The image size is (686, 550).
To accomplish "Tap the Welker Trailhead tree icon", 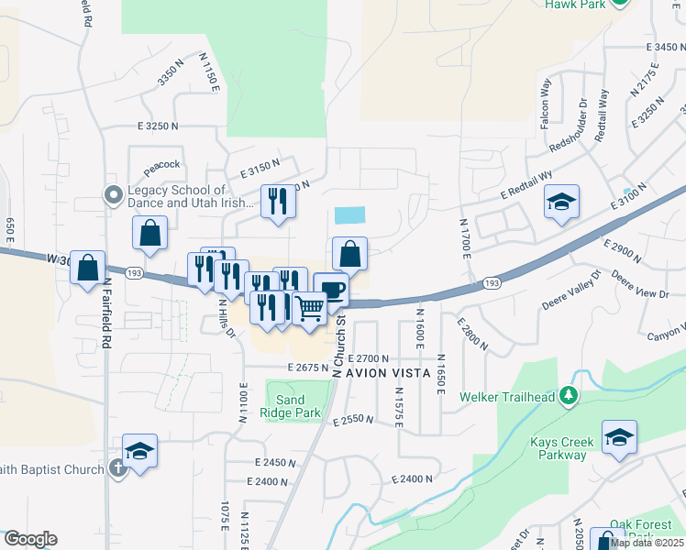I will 570,396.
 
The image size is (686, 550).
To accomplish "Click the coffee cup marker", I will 330,290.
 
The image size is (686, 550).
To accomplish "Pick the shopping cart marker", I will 310,310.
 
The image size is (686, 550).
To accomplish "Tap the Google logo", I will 29,539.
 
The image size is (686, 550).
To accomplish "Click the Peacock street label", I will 161,164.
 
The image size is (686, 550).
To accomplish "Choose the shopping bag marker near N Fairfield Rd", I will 87,268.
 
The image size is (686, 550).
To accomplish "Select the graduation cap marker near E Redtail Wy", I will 561,203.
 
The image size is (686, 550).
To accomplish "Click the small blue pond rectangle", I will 350,215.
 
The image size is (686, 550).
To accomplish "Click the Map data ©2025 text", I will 647,543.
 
